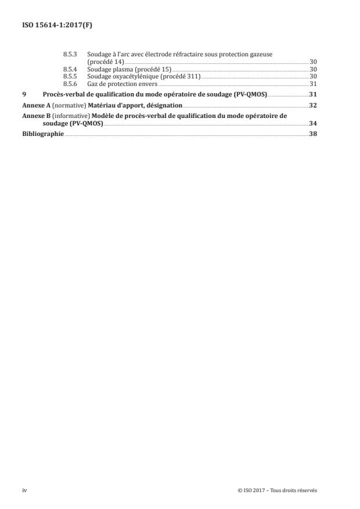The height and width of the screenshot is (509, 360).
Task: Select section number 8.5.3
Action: (70, 54)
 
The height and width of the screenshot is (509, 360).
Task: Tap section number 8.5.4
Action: (70, 69)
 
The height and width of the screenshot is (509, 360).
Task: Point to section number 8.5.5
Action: (70, 76)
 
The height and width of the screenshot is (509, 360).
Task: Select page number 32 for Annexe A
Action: (313, 105)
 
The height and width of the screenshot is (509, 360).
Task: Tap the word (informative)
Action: (70, 116)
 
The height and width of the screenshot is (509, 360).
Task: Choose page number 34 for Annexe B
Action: (313, 123)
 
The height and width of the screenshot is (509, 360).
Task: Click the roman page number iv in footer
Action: (24, 491)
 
